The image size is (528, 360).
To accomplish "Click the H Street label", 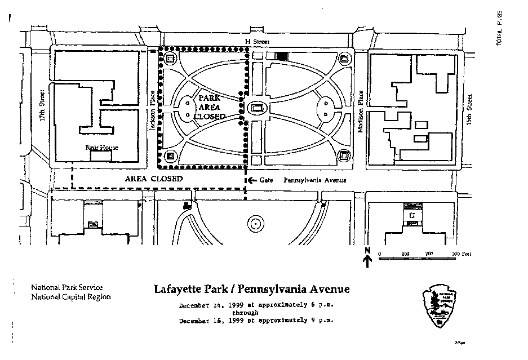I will [x=261, y=42].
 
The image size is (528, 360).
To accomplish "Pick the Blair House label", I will [x=102, y=148].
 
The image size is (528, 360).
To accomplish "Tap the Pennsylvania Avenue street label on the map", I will [x=314, y=180].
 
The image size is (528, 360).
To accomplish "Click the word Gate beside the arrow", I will [x=266, y=180].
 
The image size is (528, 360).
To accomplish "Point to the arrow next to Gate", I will [x=251, y=180].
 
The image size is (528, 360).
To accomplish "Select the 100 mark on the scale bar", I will [x=405, y=254].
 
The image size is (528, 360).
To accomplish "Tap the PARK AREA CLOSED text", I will [x=209, y=106].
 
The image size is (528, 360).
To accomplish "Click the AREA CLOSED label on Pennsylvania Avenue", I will [x=154, y=179].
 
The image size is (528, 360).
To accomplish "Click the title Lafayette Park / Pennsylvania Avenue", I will [x=252, y=290].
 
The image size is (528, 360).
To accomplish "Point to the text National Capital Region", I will [x=71, y=297].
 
